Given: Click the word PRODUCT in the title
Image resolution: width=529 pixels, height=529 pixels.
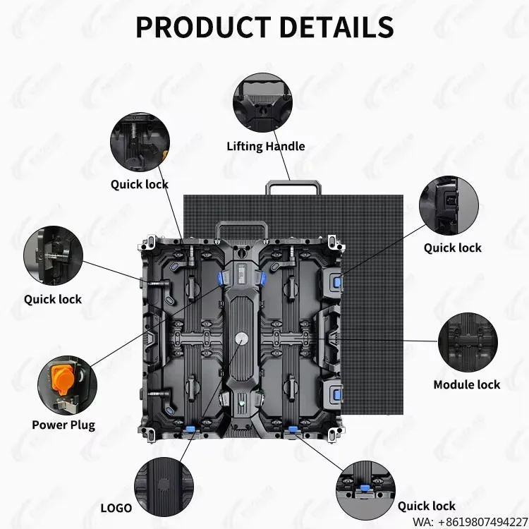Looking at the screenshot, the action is click(x=203, y=27).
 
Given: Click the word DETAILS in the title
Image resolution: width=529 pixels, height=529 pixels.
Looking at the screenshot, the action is click(x=336, y=27).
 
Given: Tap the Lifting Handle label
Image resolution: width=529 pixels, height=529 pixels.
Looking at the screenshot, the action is click(x=266, y=147).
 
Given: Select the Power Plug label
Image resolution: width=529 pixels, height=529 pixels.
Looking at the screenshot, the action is click(x=63, y=425).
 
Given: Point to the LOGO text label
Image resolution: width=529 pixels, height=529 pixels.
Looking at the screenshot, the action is click(x=116, y=508).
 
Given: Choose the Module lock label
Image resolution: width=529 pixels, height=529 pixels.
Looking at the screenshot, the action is click(x=467, y=384).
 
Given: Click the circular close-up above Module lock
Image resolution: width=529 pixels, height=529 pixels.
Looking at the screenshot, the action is click(x=468, y=342).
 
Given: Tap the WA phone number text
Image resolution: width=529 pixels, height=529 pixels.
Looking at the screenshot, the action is click(x=470, y=521).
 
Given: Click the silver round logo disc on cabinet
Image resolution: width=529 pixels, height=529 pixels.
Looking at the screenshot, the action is click(x=241, y=338).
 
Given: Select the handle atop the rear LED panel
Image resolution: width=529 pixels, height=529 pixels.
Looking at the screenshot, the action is click(x=293, y=188).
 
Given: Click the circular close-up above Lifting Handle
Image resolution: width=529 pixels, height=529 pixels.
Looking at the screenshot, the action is click(x=262, y=103).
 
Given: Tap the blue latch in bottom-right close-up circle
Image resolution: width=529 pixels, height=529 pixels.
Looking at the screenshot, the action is click(x=364, y=488).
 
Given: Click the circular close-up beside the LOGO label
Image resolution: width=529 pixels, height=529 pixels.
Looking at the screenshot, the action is click(x=164, y=487).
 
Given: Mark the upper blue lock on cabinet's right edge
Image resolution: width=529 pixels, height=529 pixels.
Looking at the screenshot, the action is click(x=337, y=282).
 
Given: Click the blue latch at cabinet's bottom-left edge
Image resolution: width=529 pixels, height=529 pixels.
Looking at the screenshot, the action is click(x=190, y=429).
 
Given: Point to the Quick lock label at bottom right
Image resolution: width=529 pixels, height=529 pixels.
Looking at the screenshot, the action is click(x=427, y=506).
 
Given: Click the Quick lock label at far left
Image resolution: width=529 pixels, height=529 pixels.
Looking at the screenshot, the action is click(x=53, y=299).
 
